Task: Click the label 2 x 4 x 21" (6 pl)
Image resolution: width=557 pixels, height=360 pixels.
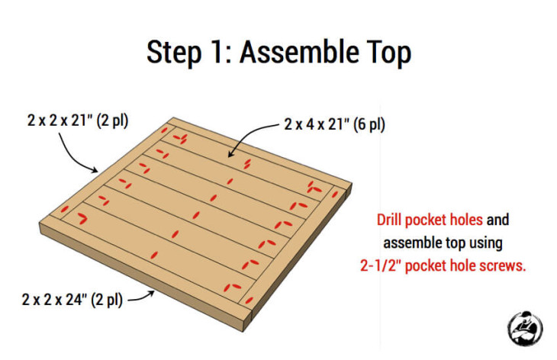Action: (x=334, y=124)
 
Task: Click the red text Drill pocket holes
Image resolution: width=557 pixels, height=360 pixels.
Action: (x=430, y=220)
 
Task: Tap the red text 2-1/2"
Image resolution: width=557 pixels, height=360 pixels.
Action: (x=388, y=266)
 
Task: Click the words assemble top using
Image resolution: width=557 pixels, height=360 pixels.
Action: (x=443, y=243)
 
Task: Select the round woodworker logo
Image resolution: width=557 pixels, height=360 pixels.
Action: (x=525, y=328)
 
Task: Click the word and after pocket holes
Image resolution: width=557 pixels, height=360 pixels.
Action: (x=497, y=220)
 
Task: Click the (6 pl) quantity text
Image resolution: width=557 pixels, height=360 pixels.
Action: (x=367, y=124)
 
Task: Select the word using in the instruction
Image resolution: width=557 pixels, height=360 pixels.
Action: (x=485, y=243)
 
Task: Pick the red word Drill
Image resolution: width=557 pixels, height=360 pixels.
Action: (x=390, y=220)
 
